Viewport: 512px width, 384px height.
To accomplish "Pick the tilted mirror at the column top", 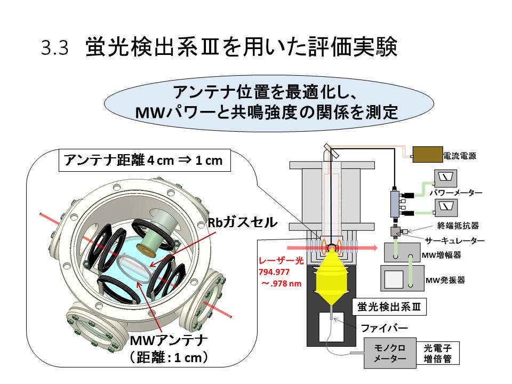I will [x=330, y=153].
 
